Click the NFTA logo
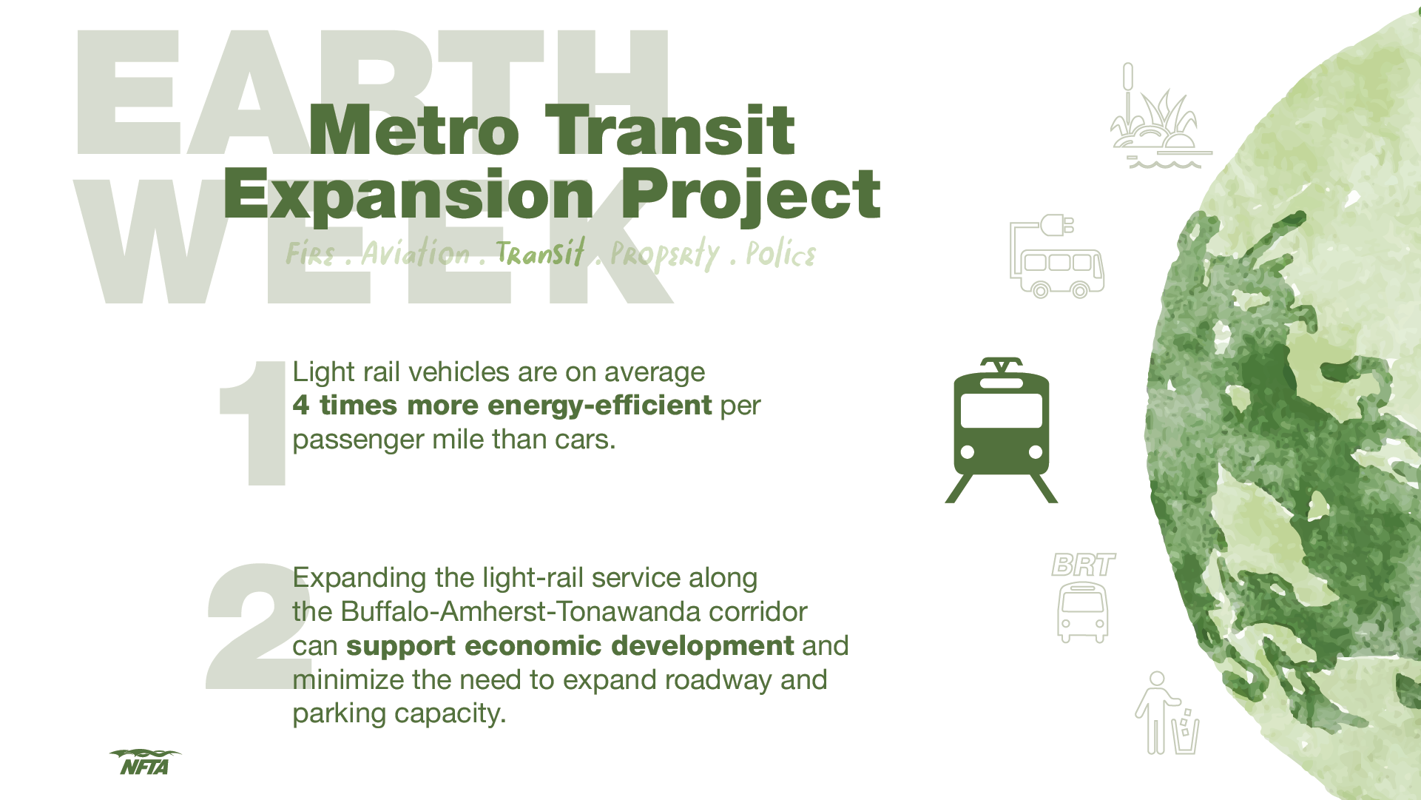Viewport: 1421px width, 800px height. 145,762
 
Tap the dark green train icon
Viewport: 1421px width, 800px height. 1002,430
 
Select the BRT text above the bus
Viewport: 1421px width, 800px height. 1084,565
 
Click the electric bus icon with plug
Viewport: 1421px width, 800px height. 1057,256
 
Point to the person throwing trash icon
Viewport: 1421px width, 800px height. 1167,713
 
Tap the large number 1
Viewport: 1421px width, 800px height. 254,423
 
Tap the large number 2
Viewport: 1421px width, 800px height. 252,626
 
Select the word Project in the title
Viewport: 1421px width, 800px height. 750,195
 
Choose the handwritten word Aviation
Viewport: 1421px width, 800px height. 415,253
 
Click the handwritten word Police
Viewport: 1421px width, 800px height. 780,254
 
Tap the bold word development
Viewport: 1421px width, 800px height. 703,646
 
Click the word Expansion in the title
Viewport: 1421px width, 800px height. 408,195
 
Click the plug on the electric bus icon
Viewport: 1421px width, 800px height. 1058,225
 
